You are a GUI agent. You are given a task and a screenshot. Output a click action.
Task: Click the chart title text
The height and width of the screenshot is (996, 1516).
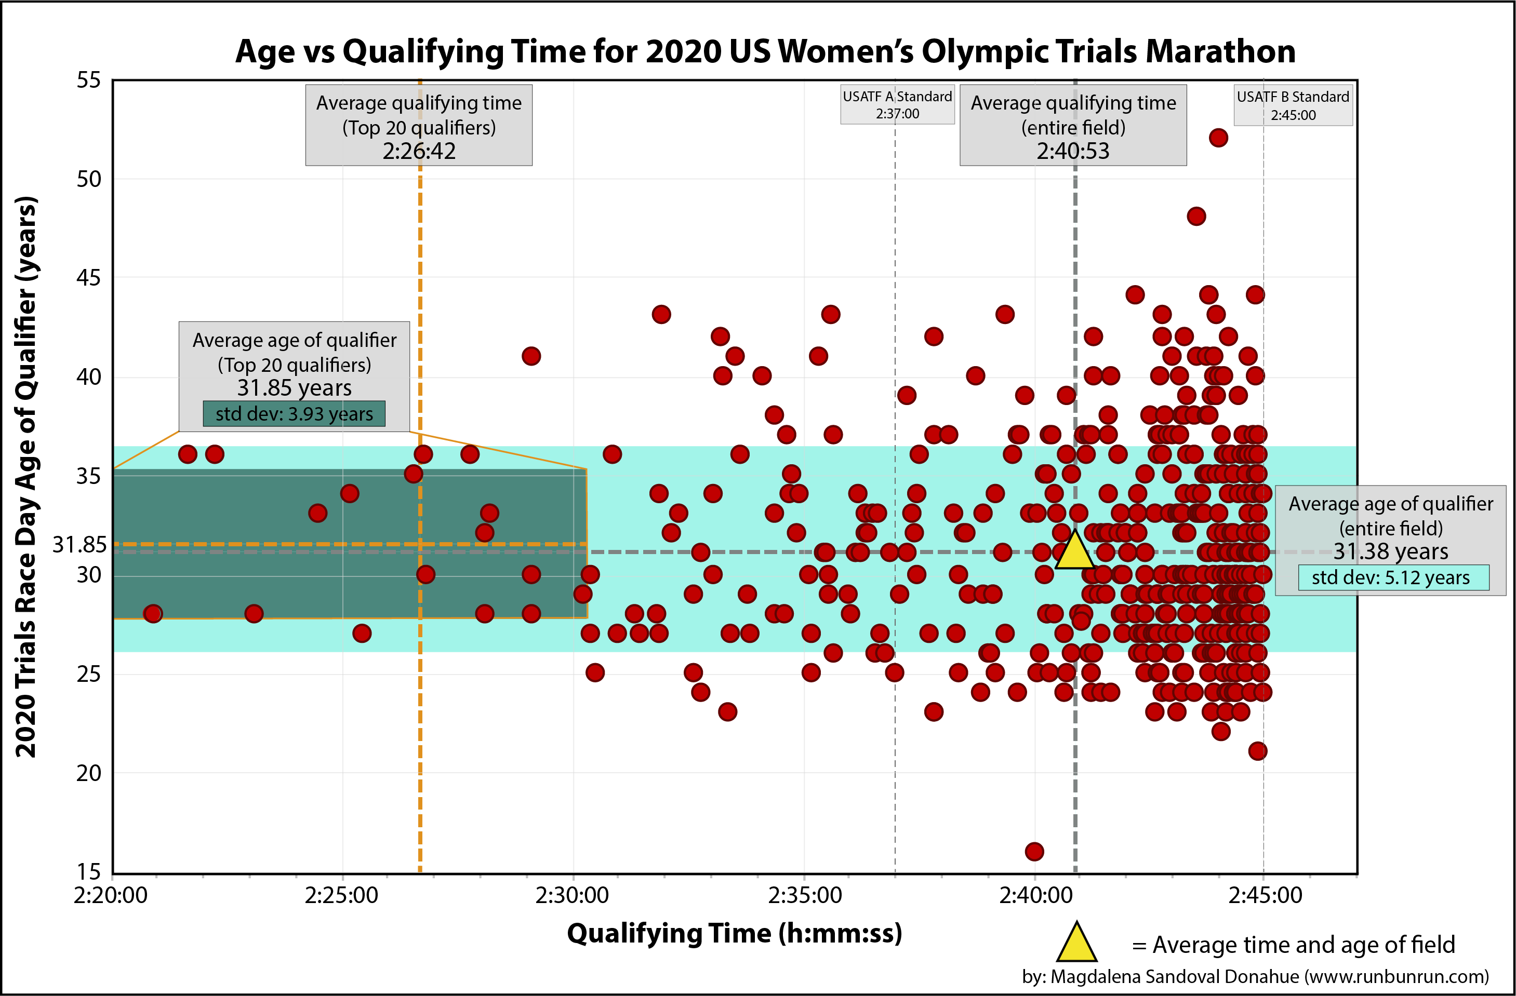tap(765, 51)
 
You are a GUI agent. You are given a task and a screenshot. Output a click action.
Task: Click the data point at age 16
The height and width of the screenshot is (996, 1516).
tap(1034, 851)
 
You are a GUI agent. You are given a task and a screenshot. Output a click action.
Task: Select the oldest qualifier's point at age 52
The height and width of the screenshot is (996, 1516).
tap(1218, 138)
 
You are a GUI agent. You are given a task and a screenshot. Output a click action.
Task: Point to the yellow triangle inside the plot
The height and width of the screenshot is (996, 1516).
tap(1074, 551)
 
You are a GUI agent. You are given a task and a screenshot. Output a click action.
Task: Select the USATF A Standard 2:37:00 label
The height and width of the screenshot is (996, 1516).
tap(897, 105)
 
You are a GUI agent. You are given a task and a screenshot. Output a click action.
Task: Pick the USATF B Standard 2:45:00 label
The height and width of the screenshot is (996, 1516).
tap(1293, 106)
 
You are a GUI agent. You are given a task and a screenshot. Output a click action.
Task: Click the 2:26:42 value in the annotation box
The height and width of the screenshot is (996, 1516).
tap(419, 152)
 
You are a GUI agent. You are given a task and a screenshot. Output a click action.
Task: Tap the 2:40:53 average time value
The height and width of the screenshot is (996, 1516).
tap(1073, 152)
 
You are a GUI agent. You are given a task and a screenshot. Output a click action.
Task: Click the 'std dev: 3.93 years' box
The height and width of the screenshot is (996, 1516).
tap(294, 414)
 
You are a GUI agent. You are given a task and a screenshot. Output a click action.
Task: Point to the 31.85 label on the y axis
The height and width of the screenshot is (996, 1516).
tap(79, 545)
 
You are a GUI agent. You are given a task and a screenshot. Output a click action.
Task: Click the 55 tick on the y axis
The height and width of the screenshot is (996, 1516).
tap(88, 80)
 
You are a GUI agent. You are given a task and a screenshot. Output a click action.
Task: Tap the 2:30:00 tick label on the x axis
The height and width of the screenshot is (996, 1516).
tap(572, 895)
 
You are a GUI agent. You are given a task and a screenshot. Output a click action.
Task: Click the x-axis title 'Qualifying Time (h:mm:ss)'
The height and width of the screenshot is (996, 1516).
tap(735, 934)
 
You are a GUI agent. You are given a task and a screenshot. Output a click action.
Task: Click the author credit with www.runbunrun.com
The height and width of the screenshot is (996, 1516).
tap(1255, 976)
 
